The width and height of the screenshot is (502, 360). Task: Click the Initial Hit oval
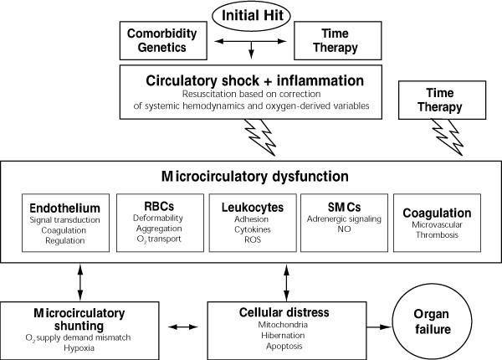click(251, 15)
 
